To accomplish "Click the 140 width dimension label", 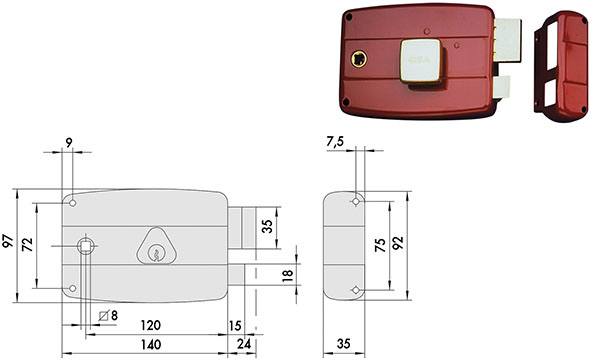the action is pos(151,344).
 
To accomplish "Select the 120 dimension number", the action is pos(151,325).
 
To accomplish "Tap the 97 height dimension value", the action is pos(8,241).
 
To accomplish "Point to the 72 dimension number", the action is pos(28,245).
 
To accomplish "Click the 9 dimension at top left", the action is pos(69,143).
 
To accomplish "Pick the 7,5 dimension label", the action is pos(335,141).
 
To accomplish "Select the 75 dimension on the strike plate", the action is pos(381,245).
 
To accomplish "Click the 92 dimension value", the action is pos(398,243).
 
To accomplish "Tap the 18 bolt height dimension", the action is pos(288,276).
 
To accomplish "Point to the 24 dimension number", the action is pos(244,344).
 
